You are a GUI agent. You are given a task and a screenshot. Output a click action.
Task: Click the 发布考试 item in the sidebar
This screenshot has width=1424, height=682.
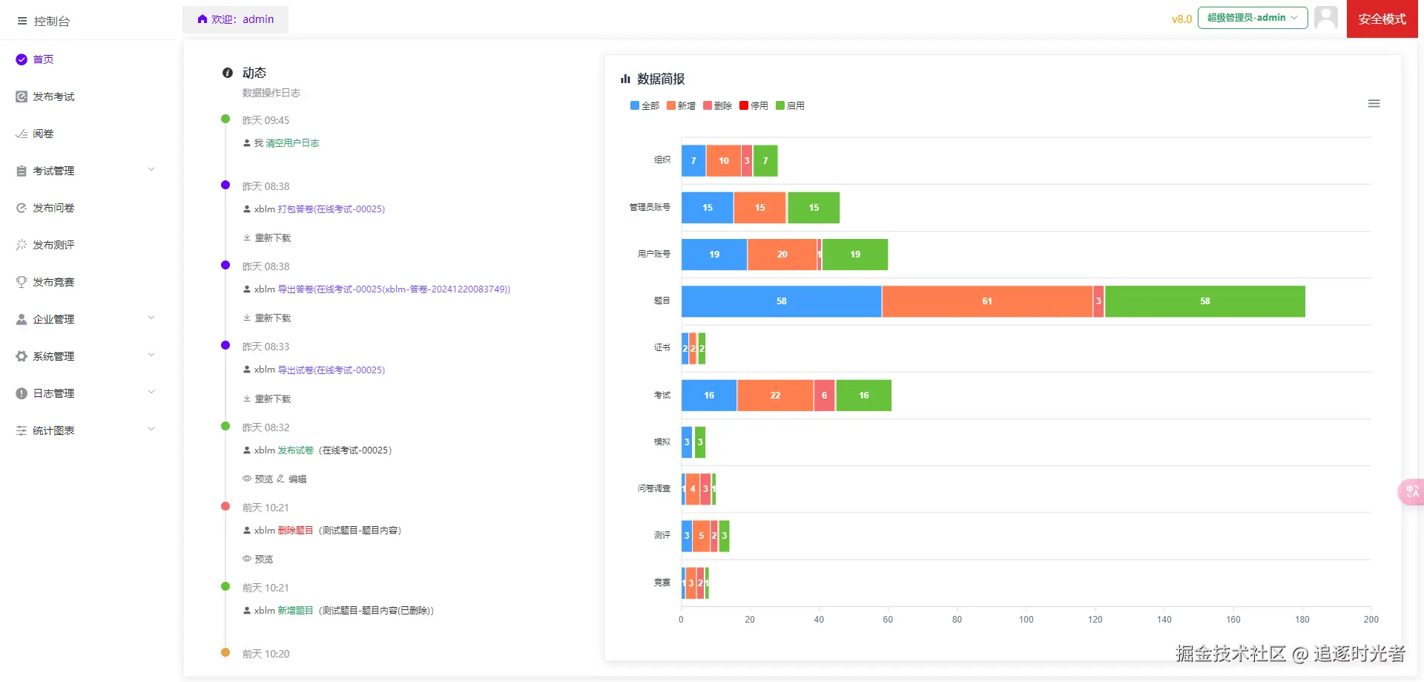click(x=53, y=96)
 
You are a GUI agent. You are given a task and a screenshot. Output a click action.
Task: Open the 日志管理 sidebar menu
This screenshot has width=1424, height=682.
click(x=53, y=393)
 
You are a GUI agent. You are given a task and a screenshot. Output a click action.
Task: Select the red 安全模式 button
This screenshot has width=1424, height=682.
click(x=1382, y=19)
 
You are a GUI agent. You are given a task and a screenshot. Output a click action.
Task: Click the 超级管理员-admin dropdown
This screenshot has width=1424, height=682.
click(x=1252, y=18)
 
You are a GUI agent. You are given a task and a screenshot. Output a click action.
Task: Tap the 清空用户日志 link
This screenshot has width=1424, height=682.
click(x=292, y=143)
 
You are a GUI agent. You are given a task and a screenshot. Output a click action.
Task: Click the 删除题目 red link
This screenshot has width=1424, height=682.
click(x=295, y=531)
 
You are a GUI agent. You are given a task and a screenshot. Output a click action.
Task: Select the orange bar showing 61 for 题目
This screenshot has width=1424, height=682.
click(x=986, y=301)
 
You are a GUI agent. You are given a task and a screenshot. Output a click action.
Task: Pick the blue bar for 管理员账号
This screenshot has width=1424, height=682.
click(x=707, y=208)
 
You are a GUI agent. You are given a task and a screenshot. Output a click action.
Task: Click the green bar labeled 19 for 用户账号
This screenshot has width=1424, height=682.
click(x=854, y=255)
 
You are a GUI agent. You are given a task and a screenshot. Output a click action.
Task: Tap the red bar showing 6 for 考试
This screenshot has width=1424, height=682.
click(x=824, y=396)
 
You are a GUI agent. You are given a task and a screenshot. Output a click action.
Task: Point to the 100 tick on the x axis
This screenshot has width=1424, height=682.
click(x=1026, y=619)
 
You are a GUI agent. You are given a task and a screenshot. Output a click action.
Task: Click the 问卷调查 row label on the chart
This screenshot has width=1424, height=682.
click(x=653, y=488)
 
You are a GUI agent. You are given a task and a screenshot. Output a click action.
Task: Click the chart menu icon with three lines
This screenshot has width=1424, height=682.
click(x=1374, y=104)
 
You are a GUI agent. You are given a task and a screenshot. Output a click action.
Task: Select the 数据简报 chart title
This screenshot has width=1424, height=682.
click(x=660, y=79)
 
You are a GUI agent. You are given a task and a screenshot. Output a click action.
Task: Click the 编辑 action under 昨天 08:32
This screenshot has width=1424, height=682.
click(x=297, y=479)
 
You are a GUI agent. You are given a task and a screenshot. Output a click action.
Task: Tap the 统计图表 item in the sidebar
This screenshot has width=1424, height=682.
click(x=53, y=430)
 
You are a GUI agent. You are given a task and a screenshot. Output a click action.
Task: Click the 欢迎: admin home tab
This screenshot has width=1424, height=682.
click(x=236, y=19)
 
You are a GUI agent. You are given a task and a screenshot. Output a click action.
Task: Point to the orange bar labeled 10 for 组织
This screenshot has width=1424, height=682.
click(x=723, y=161)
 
